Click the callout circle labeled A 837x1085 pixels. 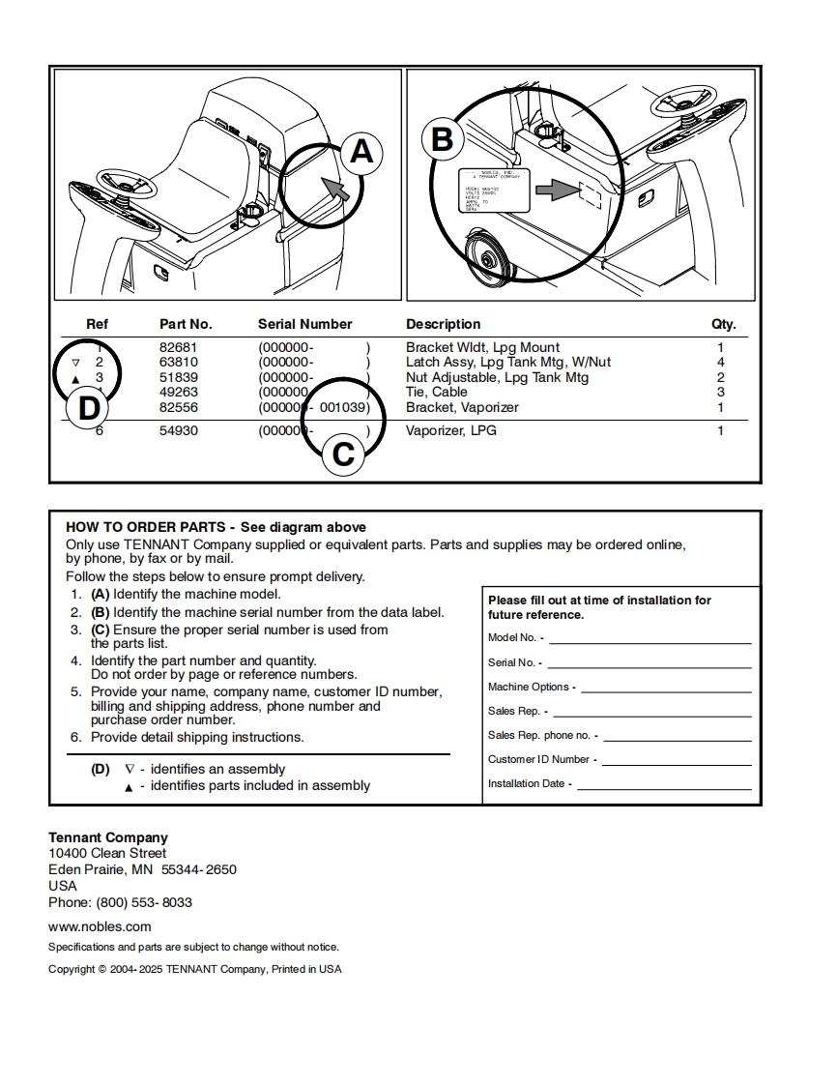(x=361, y=152)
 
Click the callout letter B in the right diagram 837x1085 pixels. (x=442, y=140)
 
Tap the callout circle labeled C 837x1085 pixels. (x=343, y=454)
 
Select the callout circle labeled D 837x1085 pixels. (x=88, y=408)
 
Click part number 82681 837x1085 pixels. (x=178, y=347)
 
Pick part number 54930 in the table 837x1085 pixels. (x=178, y=430)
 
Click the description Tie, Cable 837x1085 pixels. (x=436, y=392)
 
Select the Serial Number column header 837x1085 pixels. (x=304, y=324)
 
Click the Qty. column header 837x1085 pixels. (x=723, y=324)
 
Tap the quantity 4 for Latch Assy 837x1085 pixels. (x=720, y=362)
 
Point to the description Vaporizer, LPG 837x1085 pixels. (x=450, y=430)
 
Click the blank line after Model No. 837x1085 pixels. (x=649, y=638)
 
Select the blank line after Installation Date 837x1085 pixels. (x=663, y=784)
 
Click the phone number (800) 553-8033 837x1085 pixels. (x=144, y=902)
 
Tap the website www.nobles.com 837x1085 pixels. (x=100, y=926)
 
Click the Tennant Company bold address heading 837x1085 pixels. (x=108, y=837)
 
